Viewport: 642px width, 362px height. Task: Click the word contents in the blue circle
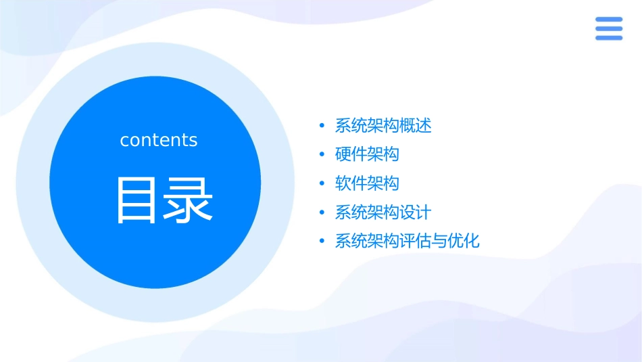point(159,140)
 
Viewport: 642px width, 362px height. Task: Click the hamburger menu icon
point(608,28)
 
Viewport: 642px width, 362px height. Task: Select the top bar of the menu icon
point(608,20)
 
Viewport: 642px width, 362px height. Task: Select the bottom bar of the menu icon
point(608,37)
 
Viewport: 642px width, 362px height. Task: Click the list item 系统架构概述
point(383,126)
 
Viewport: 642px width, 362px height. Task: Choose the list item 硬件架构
point(367,154)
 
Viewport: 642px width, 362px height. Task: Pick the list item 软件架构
point(367,183)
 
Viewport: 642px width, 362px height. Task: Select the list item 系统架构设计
point(383,212)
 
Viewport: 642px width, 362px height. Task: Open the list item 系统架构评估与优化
point(408,241)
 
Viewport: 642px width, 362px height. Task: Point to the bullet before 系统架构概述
point(322,126)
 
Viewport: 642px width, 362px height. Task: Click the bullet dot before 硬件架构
point(322,155)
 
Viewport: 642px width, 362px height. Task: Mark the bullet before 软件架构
point(322,183)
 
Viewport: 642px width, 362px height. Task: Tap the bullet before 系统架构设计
point(322,212)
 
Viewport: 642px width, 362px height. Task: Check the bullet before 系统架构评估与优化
point(322,242)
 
